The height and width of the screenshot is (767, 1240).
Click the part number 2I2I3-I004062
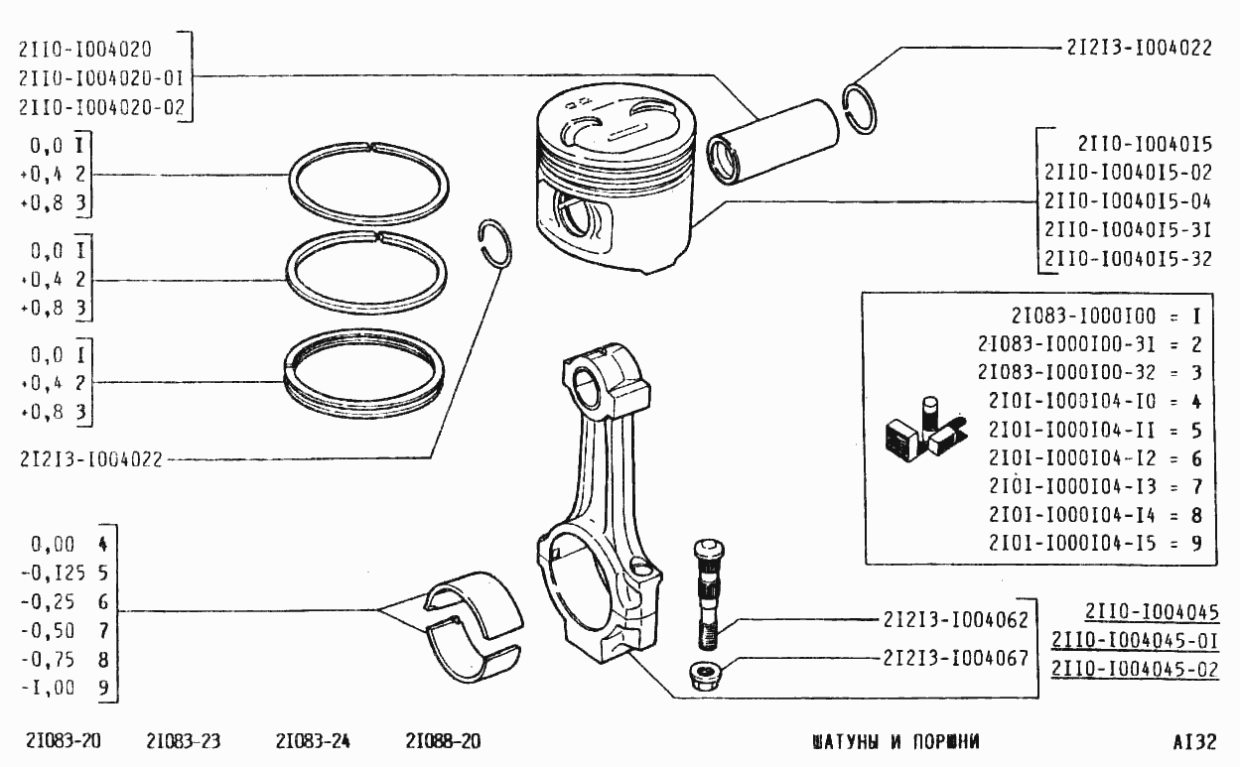[x=955, y=619]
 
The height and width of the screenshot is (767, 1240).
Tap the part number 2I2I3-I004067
[x=955, y=658]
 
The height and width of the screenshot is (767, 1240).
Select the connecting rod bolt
[x=708, y=595]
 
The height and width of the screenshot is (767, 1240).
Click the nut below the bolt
[x=704, y=676]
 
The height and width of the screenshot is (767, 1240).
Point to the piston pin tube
[x=772, y=142]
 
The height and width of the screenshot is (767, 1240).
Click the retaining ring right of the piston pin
[x=859, y=108]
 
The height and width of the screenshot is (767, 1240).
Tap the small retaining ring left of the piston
[x=494, y=243]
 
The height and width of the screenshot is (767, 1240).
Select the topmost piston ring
[x=368, y=185]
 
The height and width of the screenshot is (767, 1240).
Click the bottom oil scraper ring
[x=363, y=373]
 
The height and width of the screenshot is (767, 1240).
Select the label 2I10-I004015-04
[x=1128, y=201]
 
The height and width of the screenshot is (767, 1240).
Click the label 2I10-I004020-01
[x=101, y=78]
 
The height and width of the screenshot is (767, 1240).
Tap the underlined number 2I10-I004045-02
[x=1135, y=669]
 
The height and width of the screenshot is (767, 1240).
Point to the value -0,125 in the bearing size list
[x=54, y=574]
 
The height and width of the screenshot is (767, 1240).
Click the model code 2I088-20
[x=443, y=741]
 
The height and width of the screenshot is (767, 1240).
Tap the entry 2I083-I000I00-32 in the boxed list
[x=1066, y=372]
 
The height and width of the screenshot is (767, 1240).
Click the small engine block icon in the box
[x=925, y=430]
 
